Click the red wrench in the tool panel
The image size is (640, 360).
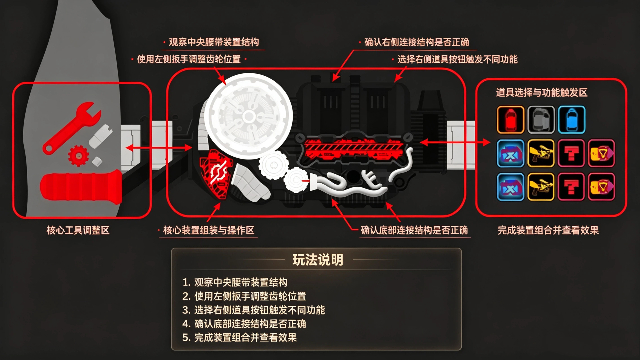click(x=70, y=127)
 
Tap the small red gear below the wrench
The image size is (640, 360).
click(x=78, y=156)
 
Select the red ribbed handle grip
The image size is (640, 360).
click(x=81, y=187)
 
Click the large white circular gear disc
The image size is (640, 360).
click(x=248, y=116)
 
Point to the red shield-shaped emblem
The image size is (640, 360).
click(x=216, y=173)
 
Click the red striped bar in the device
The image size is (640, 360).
click(x=353, y=149)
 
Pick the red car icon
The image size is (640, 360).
click(x=510, y=120)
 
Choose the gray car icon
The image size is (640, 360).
click(x=541, y=120)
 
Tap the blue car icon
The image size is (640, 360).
click(x=571, y=120)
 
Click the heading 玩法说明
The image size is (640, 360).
click(x=318, y=260)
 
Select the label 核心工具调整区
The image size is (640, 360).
click(x=78, y=230)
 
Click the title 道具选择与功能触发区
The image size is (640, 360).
click(x=542, y=93)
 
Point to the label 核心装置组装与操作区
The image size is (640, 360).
click(x=209, y=230)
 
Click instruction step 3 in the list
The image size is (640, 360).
click(x=253, y=310)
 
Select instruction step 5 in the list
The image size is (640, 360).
click(x=240, y=338)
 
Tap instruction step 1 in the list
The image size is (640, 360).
click(x=235, y=282)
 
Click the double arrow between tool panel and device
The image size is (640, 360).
click(x=159, y=147)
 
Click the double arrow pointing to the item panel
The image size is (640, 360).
click(x=455, y=142)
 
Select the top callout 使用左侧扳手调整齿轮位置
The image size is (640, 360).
click(x=189, y=59)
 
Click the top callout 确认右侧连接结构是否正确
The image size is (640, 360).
click(x=417, y=42)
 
